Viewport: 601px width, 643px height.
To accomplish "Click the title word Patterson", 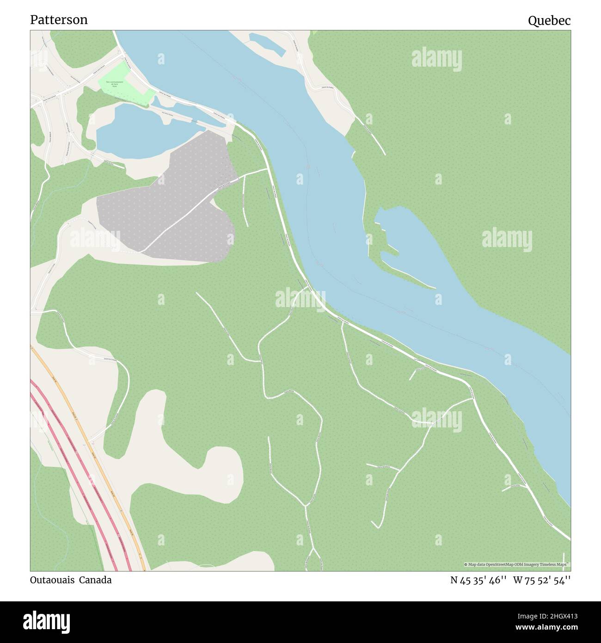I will [59, 20].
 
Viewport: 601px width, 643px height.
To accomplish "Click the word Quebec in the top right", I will [549, 20].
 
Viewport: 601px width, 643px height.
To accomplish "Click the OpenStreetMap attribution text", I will [516, 564].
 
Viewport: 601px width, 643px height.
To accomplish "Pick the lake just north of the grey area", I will [139, 130].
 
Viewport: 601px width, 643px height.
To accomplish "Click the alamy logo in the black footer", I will [46, 621].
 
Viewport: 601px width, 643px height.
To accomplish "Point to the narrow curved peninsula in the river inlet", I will [407, 273].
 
